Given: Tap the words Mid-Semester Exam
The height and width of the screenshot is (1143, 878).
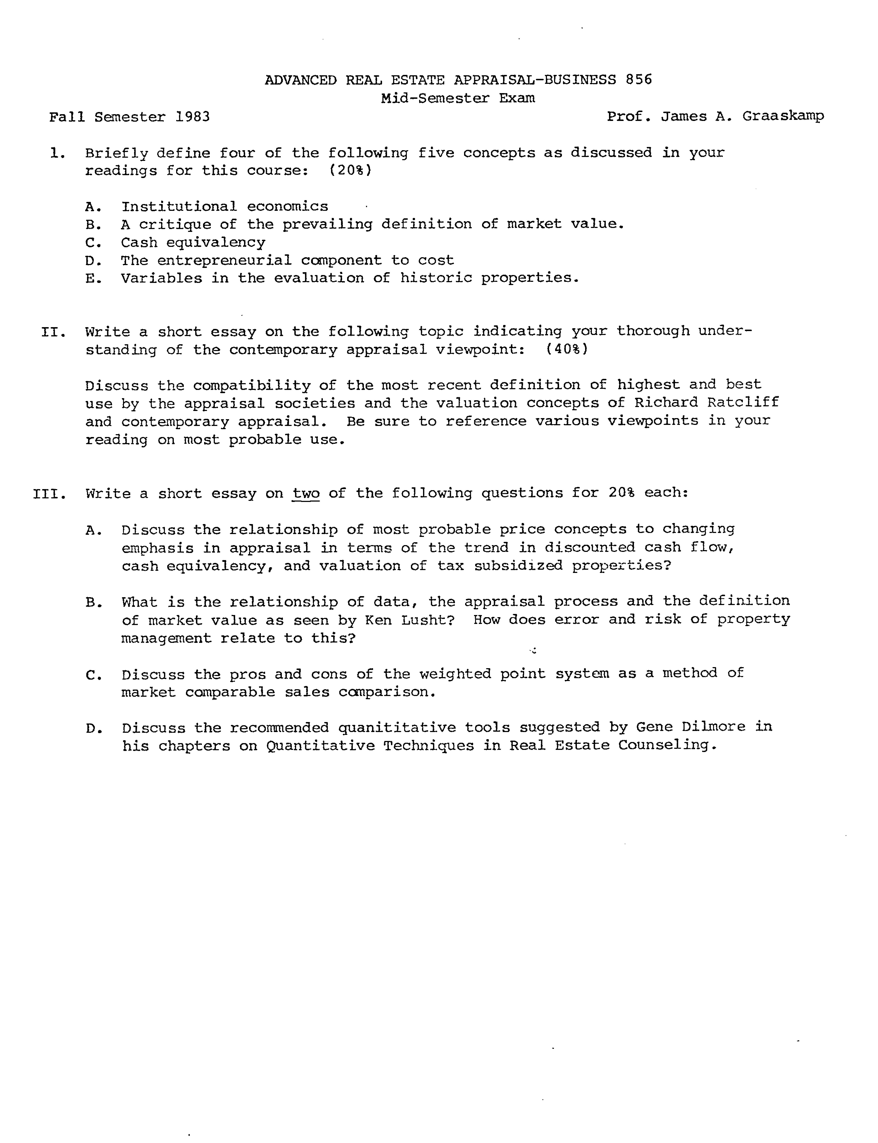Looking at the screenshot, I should coord(458,98).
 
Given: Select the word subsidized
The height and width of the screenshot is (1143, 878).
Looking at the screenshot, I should coord(518,566).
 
